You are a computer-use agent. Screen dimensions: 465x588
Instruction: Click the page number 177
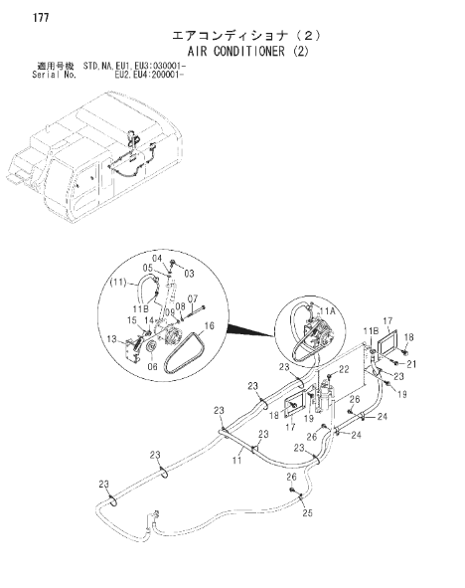pyautogui.click(x=41, y=18)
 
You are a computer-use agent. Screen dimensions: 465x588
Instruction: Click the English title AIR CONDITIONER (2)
pyautogui.click(x=247, y=51)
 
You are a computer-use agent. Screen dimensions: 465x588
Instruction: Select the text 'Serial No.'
pyautogui.click(x=54, y=75)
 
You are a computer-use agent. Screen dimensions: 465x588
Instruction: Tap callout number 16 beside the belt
pyautogui.click(x=210, y=325)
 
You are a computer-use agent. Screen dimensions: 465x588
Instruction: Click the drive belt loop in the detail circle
pyautogui.click(x=184, y=352)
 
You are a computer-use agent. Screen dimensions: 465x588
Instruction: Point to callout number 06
pyautogui.click(x=152, y=366)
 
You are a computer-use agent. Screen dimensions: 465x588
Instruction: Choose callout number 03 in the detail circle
pyautogui.click(x=190, y=274)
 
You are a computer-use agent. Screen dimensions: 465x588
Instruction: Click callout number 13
pyautogui.click(x=112, y=339)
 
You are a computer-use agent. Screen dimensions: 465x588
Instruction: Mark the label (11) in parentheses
pyautogui.click(x=118, y=282)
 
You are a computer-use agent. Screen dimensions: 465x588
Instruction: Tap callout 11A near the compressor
pyautogui.click(x=327, y=310)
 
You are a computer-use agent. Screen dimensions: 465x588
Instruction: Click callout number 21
pyautogui.click(x=411, y=364)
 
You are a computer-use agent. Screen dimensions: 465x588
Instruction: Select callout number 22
pyautogui.click(x=344, y=369)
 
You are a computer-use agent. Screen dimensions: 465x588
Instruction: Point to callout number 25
pyautogui.click(x=307, y=512)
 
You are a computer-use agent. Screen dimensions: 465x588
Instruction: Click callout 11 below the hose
pyautogui.click(x=237, y=460)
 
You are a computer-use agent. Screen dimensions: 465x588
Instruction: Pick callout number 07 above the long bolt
pyautogui.click(x=193, y=299)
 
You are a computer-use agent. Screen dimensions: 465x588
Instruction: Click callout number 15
pyautogui.click(x=132, y=320)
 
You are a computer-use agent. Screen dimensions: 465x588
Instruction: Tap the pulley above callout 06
pyautogui.click(x=151, y=347)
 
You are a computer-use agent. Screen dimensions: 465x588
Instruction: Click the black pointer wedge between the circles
pyautogui.click(x=250, y=330)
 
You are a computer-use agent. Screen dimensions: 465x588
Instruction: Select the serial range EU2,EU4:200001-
pyautogui.click(x=149, y=75)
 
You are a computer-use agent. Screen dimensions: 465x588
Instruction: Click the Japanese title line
pyautogui.click(x=246, y=36)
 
